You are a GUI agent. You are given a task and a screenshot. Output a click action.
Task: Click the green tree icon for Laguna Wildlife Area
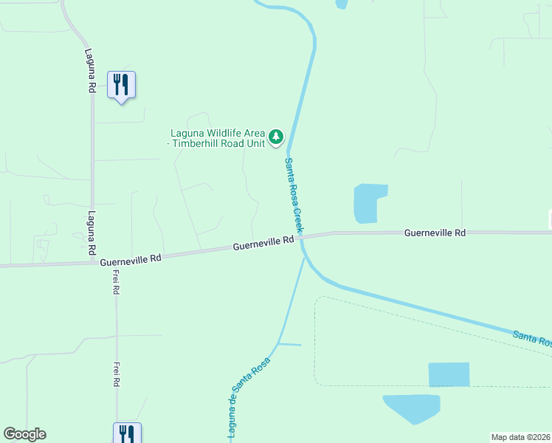pos(276,136)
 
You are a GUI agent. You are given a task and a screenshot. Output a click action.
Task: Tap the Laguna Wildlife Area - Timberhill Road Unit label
pos(217,138)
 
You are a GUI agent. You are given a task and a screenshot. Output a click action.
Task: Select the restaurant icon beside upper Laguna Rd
pos(121,85)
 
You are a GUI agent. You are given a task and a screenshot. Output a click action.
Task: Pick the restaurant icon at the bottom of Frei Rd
pos(126,433)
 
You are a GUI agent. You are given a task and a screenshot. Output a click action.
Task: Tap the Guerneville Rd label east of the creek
pos(435,233)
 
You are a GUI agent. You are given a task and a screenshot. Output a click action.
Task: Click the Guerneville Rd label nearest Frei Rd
pos(130,260)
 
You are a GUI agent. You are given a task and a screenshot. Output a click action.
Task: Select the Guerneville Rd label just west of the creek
pos(263,243)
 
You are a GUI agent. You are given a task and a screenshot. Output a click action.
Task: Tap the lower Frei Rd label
pos(117,374)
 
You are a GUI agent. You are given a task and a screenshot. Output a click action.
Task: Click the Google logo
pos(24,434)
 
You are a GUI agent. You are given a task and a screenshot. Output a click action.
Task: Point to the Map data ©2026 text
pos(521,436)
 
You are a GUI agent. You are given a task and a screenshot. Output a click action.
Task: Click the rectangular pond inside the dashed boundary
pos(449,374)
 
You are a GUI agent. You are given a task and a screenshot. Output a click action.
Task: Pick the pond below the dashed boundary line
pos(412,408)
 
